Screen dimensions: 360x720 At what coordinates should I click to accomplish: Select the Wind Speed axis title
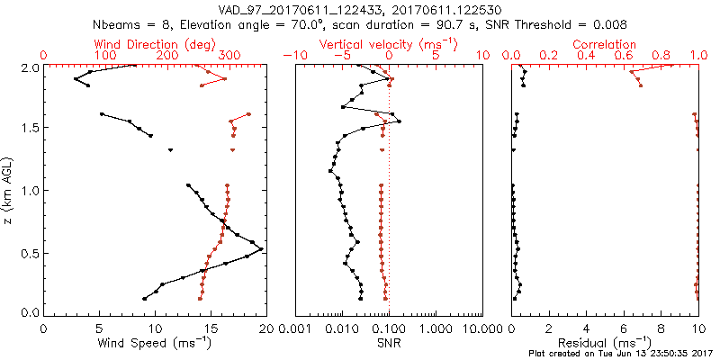tap(154, 342)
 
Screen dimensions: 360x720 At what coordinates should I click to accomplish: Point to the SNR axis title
tap(389, 342)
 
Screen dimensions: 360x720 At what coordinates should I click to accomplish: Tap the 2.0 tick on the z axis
tap(30, 67)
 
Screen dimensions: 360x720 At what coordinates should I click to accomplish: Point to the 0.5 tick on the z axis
tap(30, 253)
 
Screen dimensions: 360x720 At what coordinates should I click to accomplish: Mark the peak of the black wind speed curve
tap(262, 249)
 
